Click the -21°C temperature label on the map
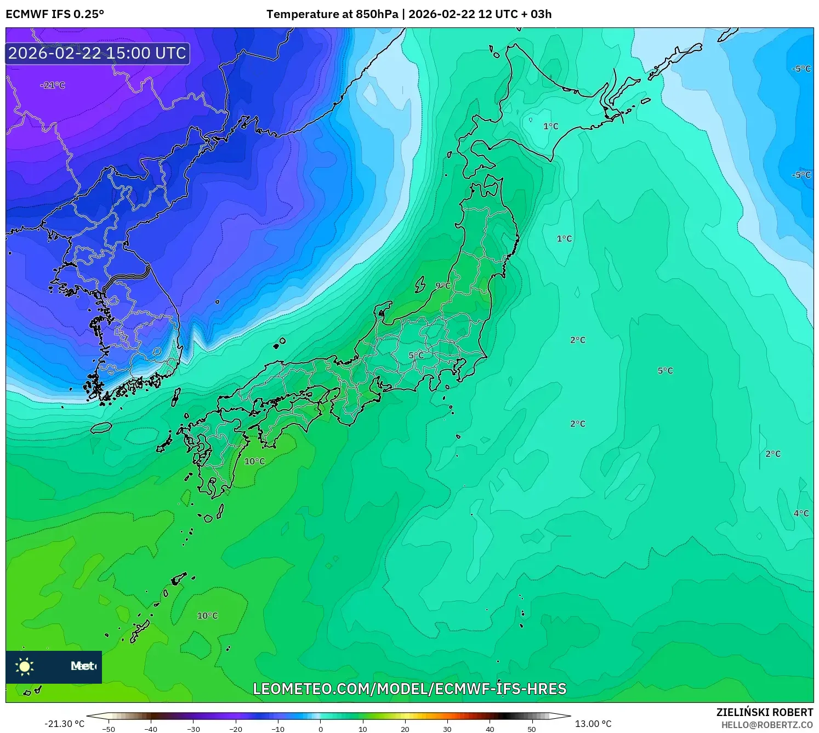point(53,85)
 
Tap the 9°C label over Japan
point(443,285)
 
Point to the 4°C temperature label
point(801,513)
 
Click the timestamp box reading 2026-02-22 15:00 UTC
point(98,53)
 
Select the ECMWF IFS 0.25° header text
point(55,14)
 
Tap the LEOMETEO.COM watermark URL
point(410,689)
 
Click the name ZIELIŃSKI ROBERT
point(765,712)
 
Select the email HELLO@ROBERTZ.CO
point(767,725)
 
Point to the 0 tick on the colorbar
point(321,729)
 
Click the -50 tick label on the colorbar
point(109,729)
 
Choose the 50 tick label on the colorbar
point(532,729)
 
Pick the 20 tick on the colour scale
point(405,729)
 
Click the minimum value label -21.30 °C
point(65,724)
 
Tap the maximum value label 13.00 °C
point(593,724)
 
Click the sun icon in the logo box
point(25,667)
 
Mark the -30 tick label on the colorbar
point(193,729)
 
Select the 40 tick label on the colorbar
point(490,729)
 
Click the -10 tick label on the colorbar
point(278,729)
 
